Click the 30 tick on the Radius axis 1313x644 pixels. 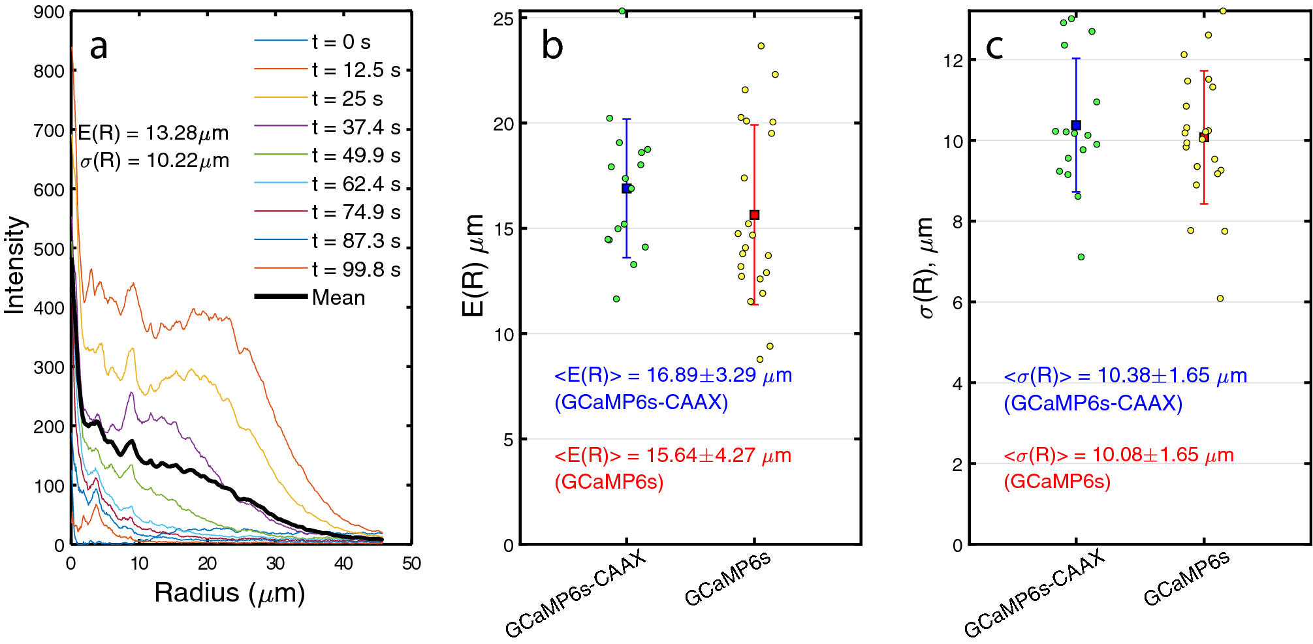coord(275,564)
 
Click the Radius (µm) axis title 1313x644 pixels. coord(230,593)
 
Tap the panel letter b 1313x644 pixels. coord(552,46)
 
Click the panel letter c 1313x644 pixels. coord(994,46)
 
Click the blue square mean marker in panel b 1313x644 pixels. coord(626,189)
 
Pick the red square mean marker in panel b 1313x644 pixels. coord(754,215)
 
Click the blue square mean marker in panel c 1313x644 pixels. coord(1076,125)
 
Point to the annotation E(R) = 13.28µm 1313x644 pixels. coord(153,133)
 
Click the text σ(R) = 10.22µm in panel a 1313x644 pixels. coord(154,161)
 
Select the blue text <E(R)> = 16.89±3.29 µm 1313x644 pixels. coord(672,375)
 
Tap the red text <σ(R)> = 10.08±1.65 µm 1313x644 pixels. coord(1118,455)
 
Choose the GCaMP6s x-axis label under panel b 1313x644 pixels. coord(727,579)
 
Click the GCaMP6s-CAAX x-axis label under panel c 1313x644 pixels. coord(1034,594)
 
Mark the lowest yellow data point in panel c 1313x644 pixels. coord(1220,299)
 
